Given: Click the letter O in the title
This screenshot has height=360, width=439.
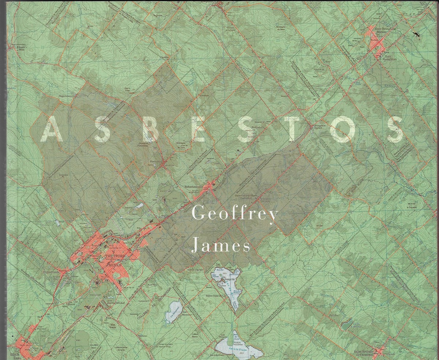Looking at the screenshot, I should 344,130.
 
